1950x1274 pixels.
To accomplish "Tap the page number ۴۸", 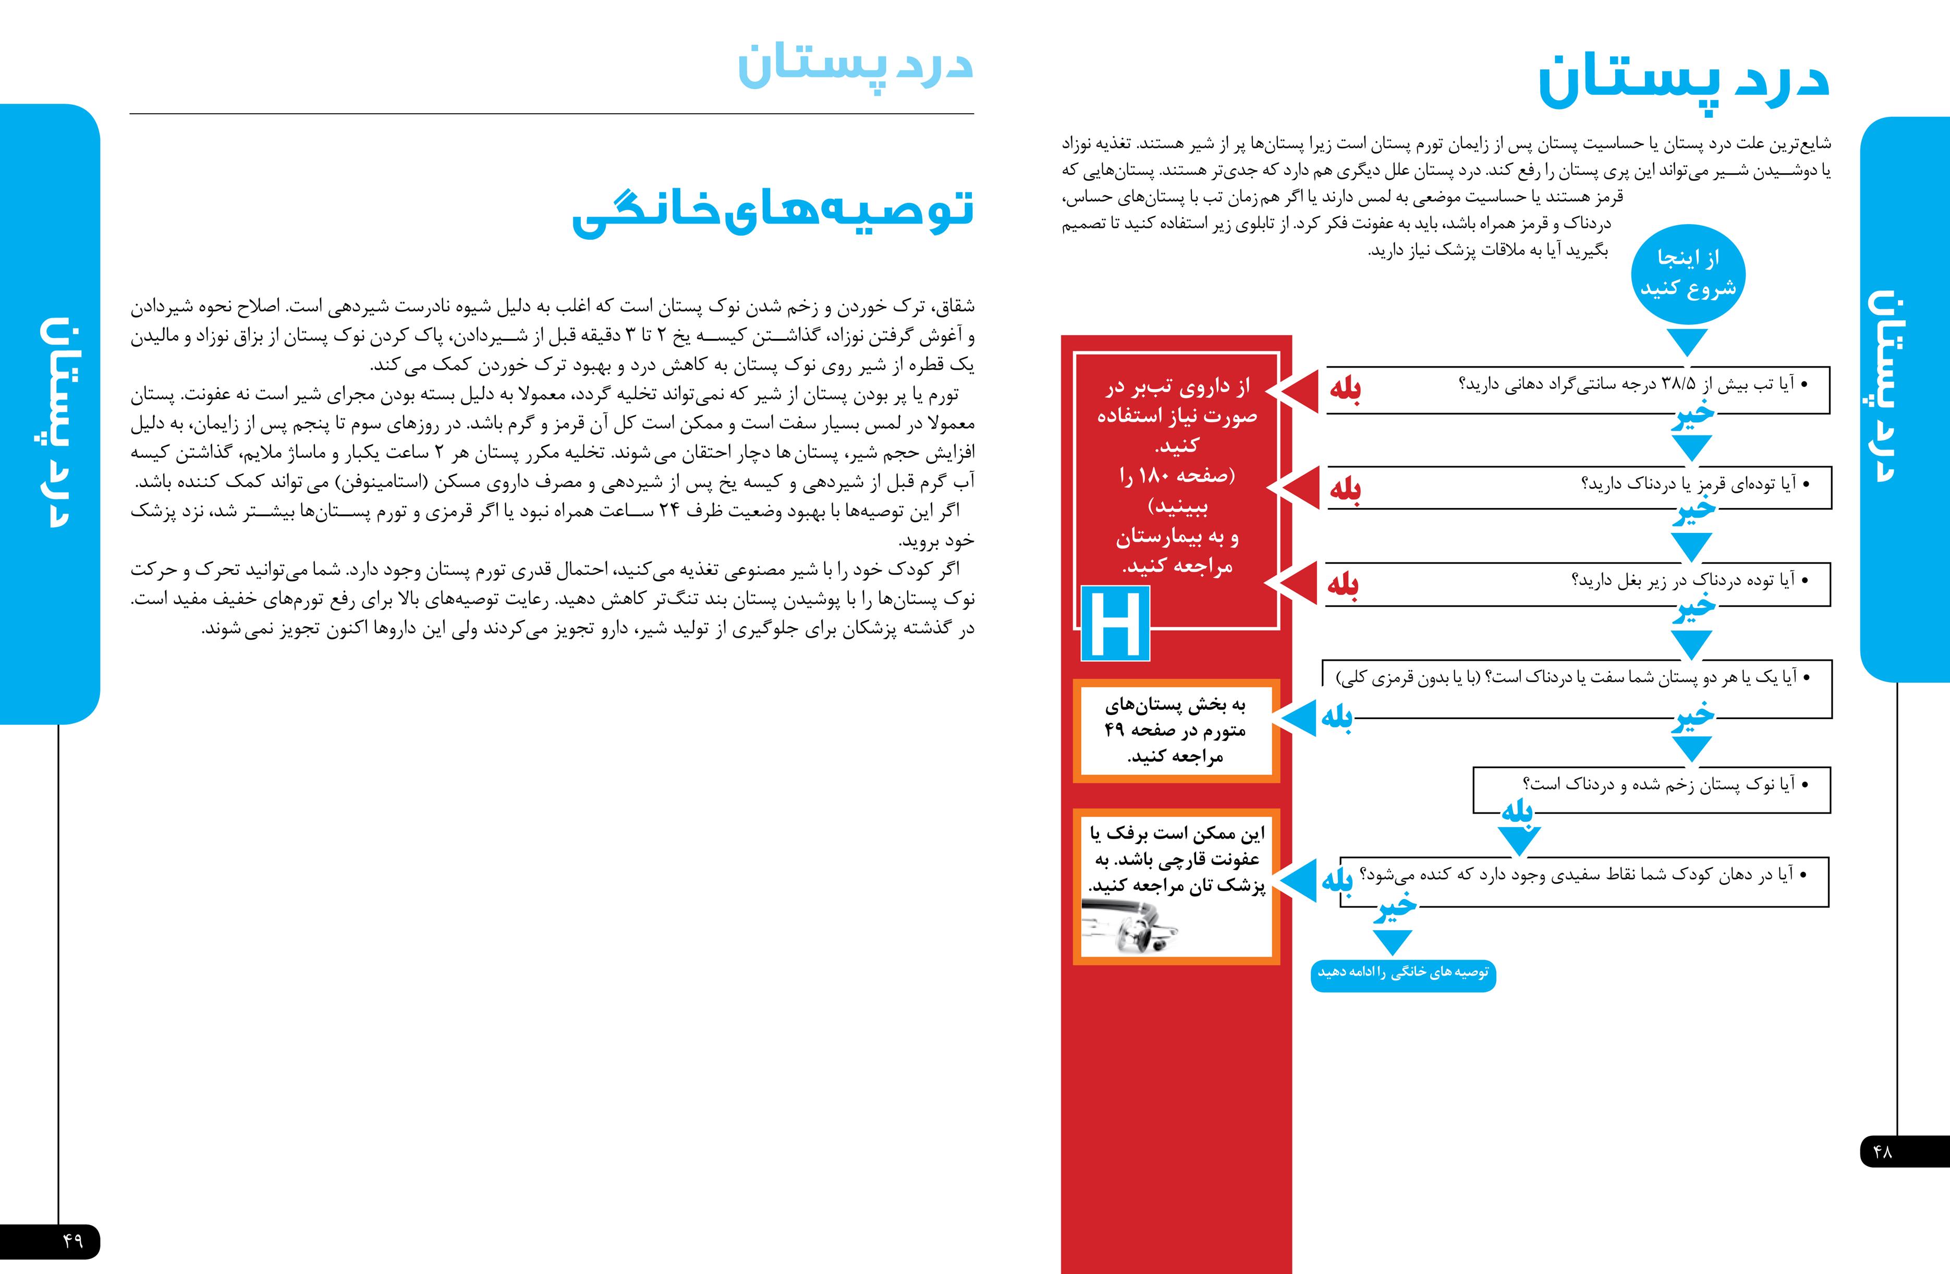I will pyautogui.click(x=1882, y=1151).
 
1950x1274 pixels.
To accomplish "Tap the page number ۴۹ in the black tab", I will pyautogui.click(x=72, y=1241).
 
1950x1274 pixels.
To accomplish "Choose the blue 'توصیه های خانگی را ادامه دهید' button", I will pyautogui.click(x=1403, y=973).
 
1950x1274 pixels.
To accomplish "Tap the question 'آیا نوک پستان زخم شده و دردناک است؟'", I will pyautogui.click(x=1659, y=784).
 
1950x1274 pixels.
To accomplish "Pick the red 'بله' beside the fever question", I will pyautogui.click(x=1345, y=389).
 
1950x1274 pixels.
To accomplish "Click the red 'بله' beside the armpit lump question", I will pyautogui.click(x=1343, y=585).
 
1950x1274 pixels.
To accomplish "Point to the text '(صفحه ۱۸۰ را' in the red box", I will pyautogui.click(x=1177, y=475).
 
